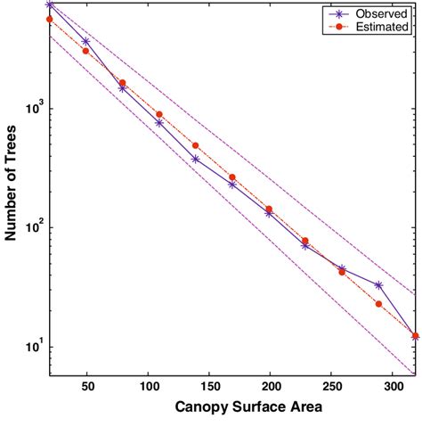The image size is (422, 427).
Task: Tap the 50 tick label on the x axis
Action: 87,389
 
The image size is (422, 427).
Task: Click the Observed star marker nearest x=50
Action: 85,41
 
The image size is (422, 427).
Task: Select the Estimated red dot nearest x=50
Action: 85,51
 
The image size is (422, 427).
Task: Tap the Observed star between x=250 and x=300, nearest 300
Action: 378,285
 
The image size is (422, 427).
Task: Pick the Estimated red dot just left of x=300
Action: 378,304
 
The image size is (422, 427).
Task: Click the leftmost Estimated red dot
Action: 49,19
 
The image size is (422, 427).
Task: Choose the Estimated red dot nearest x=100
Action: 158,114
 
